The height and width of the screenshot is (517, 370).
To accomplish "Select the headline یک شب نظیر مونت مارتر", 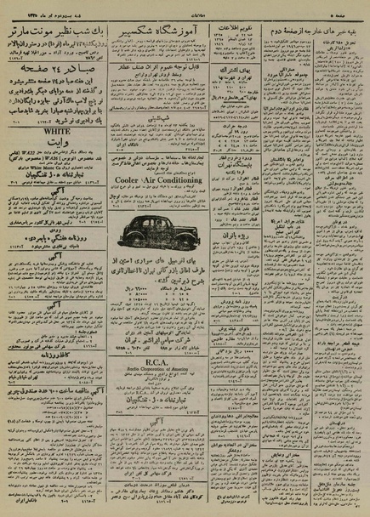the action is pyautogui.click(x=55, y=31).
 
